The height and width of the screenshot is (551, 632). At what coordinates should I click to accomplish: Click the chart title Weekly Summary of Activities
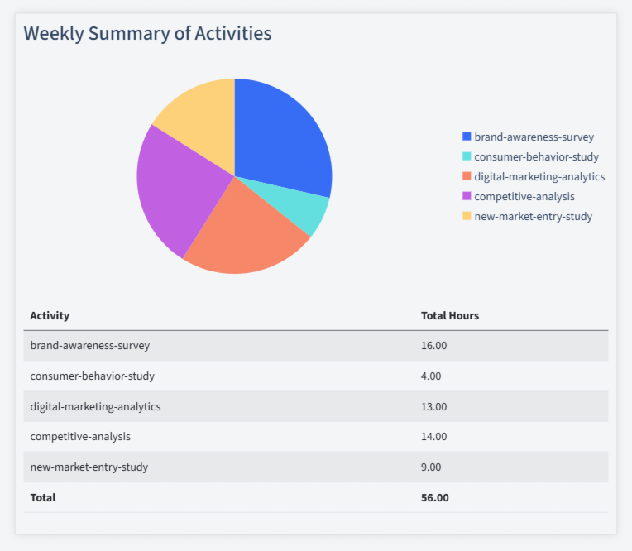point(147,34)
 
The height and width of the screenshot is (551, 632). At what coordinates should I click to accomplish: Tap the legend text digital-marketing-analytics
point(539,177)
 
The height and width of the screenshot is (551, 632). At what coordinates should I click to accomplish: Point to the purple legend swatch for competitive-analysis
point(467,197)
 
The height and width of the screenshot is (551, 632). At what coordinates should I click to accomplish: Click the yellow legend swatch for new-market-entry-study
point(467,217)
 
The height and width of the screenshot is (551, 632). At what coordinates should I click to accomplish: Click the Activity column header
point(50,316)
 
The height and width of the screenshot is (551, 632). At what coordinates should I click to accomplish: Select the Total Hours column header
point(450,316)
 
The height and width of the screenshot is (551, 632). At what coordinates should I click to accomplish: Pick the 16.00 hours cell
point(434,346)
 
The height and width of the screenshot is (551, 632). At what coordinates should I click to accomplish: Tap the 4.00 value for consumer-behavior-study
point(431,376)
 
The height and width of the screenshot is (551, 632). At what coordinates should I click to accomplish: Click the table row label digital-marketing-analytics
point(95,407)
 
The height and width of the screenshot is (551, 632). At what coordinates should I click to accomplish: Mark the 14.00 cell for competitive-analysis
point(434,437)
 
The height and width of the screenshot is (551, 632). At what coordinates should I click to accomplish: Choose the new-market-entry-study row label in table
point(89,467)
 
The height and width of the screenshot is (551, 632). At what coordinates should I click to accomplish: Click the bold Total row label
point(43,498)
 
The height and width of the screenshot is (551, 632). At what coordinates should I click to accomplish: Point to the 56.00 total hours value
point(435,498)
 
